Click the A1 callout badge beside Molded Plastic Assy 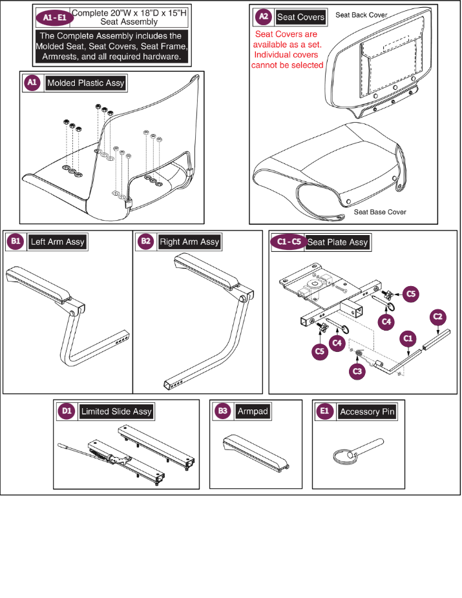32,83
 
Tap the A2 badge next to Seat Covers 263,16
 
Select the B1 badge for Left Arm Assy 16,241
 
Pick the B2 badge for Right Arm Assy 145,241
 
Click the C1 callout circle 408,338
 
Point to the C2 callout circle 437,316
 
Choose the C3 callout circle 357,371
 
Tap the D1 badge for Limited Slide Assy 67,411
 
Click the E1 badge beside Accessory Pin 324,411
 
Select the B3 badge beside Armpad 222,411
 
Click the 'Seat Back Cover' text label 361,15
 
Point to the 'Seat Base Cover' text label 380,212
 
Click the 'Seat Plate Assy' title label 338,242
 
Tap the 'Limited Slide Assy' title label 116,411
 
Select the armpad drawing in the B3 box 256,453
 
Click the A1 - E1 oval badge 54,17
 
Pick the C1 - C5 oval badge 289,242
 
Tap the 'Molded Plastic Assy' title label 86,83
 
